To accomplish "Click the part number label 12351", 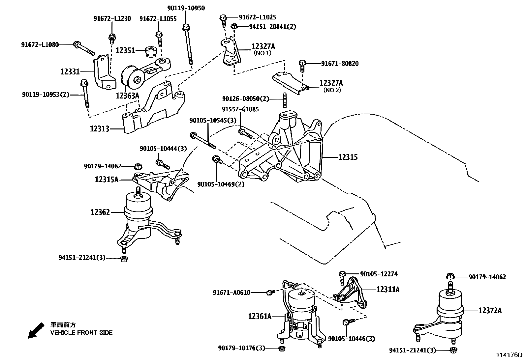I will (x=125, y=50).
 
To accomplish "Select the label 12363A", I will (x=128, y=96).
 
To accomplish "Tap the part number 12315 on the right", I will (x=348, y=157).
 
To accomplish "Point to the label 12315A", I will (x=107, y=180).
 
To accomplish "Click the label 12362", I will (x=100, y=212).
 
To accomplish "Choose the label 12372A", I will (x=490, y=310).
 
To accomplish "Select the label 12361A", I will (x=260, y=316).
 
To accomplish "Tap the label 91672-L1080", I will (x=40, y=44).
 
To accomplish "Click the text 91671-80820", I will (x=340, y=64).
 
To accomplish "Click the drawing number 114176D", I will (x=510, y=355).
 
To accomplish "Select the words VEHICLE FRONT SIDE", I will (x=81, y=333).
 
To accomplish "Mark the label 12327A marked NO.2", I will (x=331, y=83).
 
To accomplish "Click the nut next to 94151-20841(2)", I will (x=234, y=26).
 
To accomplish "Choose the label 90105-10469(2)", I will (x=221, y=184).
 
